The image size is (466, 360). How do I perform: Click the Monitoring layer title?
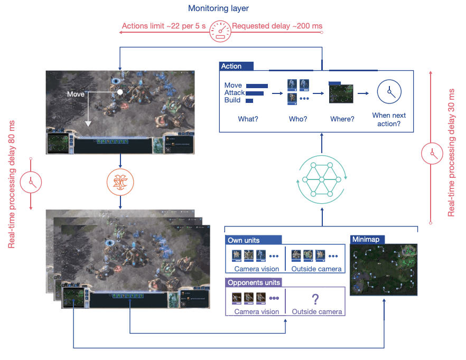219,8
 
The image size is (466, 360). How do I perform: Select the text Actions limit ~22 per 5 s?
164,26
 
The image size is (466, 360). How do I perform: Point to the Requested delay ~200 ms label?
277,26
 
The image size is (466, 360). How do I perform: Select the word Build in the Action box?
232,100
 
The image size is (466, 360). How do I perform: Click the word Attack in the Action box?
235,93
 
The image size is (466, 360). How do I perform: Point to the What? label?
248,119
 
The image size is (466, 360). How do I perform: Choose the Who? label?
298,119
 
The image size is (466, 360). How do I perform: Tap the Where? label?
342,119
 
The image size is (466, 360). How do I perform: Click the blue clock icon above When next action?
389,92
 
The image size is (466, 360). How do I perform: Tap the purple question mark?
315,299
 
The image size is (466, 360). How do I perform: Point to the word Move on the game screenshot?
76,94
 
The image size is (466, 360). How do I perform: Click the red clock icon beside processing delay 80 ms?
31,182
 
